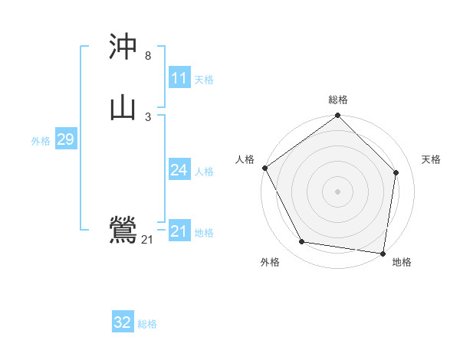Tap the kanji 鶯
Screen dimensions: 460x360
point(123,230)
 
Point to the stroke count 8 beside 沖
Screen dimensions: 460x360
point(148,56)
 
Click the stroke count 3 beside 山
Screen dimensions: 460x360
point(148,116)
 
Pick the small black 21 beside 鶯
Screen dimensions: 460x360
point(147,240)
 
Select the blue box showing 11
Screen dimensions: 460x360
point(179,78)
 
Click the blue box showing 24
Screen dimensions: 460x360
point(179,170)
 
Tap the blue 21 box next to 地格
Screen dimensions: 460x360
point(179,231)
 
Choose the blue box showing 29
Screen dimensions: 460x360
point(65,139)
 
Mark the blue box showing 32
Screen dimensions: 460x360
point(123,322)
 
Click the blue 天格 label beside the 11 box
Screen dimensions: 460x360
point(204,80)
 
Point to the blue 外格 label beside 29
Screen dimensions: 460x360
point(41,141)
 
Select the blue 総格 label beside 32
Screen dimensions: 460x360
point(148,324)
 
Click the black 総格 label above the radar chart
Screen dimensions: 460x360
point(338,100)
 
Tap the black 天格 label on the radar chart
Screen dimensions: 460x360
point(432,159)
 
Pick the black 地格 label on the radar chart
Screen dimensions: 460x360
point(402,262)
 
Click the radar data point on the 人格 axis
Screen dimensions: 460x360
point(264,168)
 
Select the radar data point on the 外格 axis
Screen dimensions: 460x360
point(302,242)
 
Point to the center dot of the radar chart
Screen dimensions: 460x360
point(338,191)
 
